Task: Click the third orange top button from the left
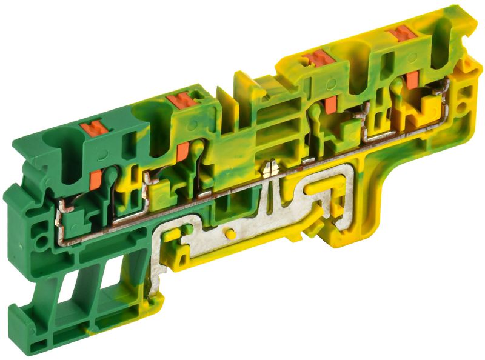pos(318,59)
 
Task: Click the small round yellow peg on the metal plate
pos(229,233)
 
